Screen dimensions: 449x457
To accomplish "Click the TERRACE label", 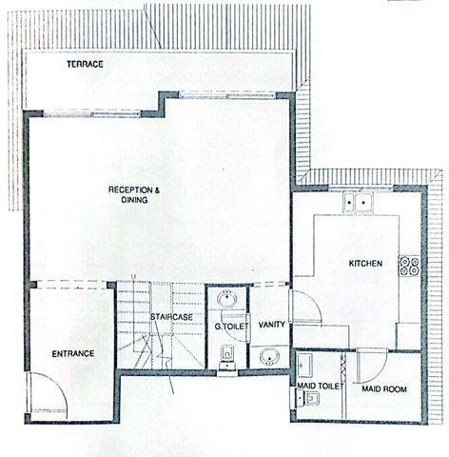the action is (x=85, y=64).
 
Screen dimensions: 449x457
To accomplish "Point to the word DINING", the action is (x=134, y=200).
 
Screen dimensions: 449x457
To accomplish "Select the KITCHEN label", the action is (x=365, y=264).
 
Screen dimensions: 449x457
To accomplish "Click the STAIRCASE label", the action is (x=171, y=317).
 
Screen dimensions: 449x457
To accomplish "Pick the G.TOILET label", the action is (x=231, y=327).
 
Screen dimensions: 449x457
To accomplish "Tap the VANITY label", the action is (x=271, y=325).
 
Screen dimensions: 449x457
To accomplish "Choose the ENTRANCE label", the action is (x=73, y=354).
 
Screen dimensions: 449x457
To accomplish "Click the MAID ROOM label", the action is (x=384, y=389).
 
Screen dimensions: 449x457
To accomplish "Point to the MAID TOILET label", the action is (x=321, y=386).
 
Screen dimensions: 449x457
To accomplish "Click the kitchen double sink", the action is (x=358, y=202).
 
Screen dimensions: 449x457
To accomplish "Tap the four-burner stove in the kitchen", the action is (x=410, y=266).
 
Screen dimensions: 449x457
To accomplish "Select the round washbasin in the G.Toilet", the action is (x=226, y=299).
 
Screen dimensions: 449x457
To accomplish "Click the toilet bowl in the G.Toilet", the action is (x=227, y=354).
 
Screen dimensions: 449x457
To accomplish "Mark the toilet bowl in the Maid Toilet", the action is (x=312, y=398).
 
